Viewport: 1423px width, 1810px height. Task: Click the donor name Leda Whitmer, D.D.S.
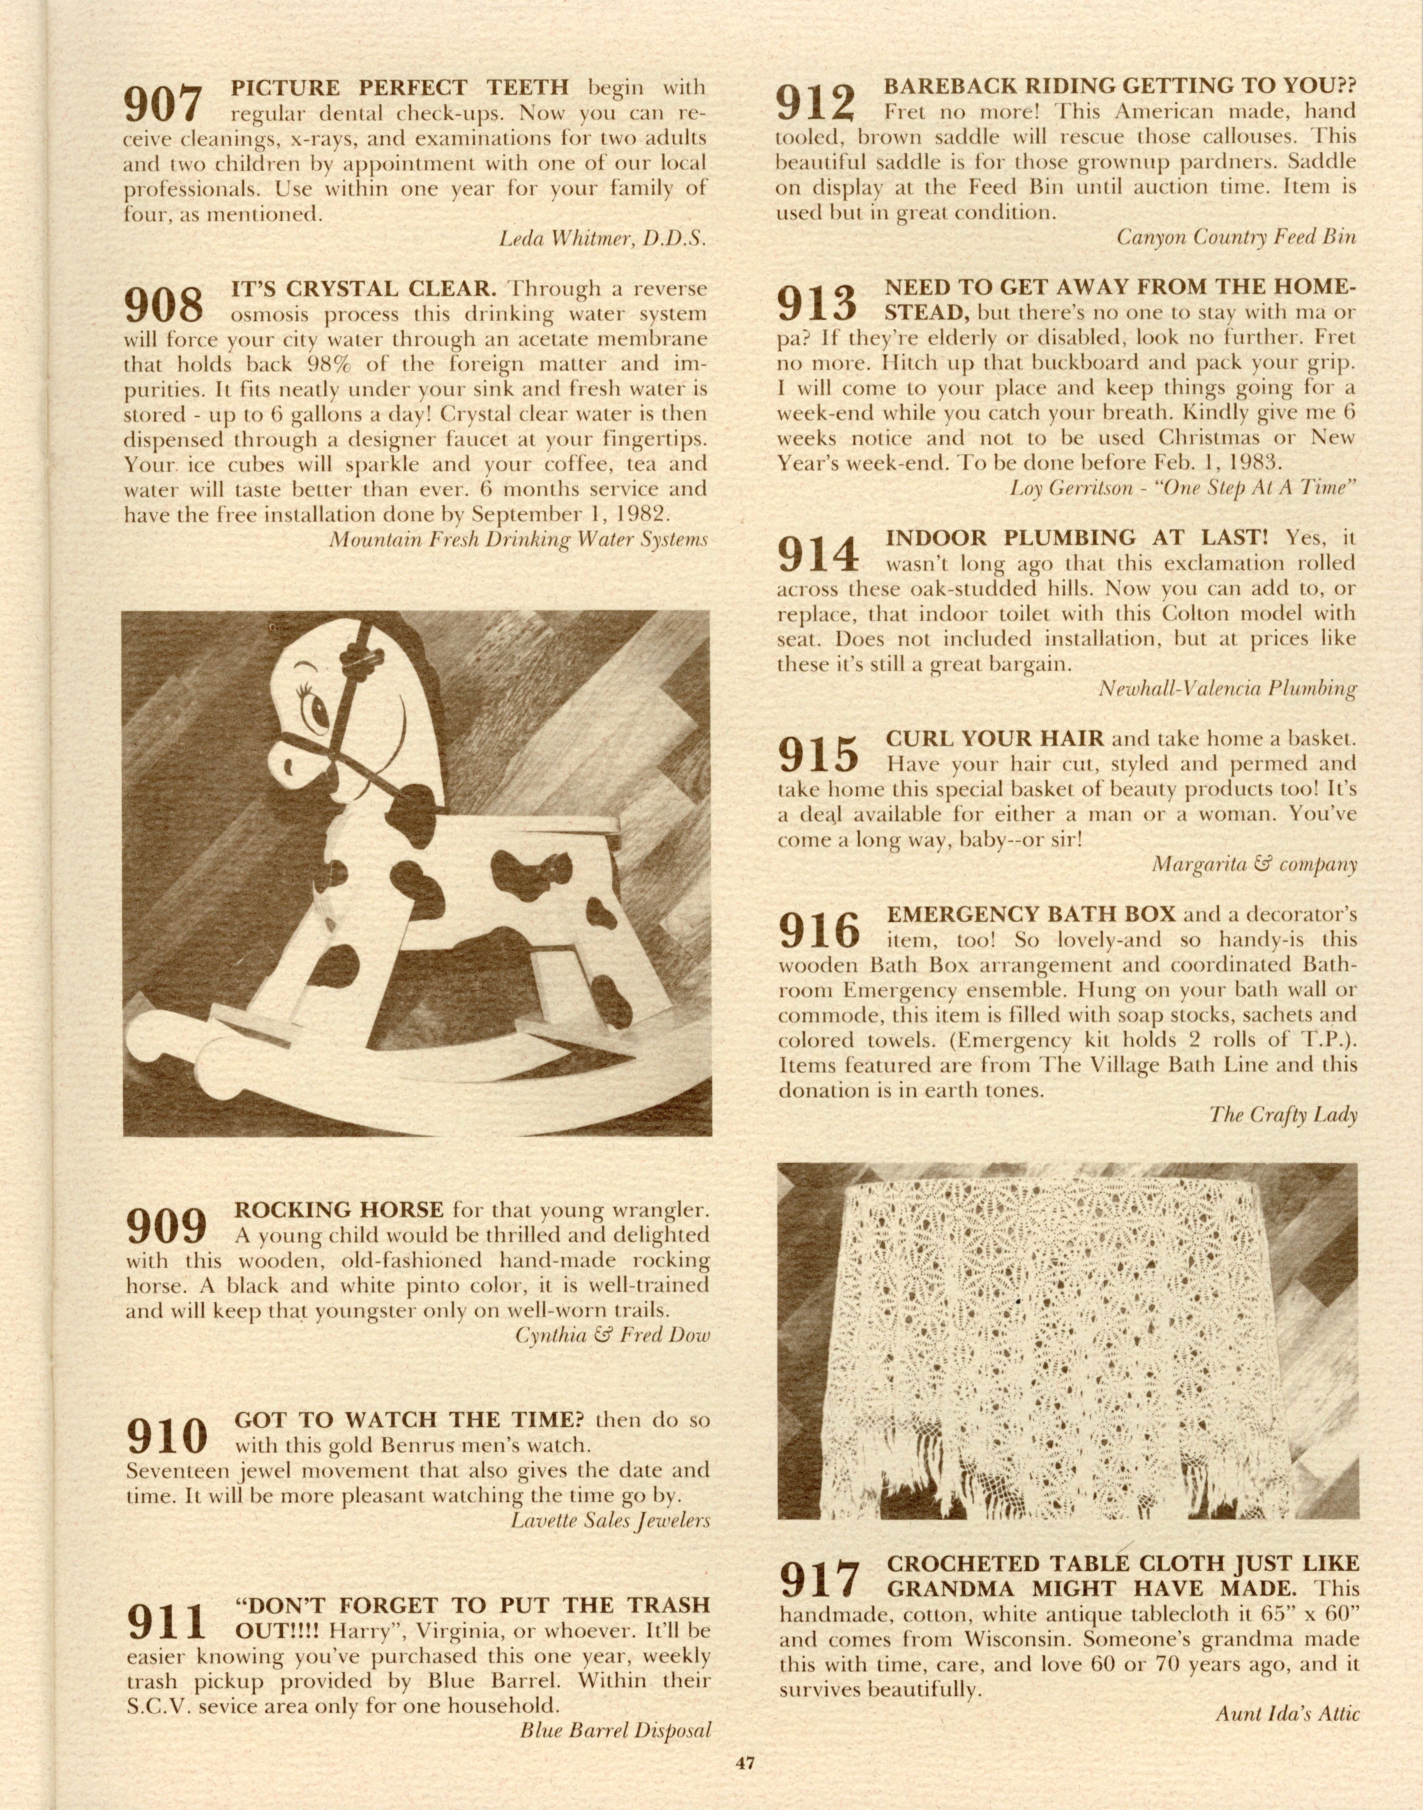pyautogui.click(x=602, y=239)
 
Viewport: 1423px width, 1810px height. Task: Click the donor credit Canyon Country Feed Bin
pyautogui.click(x=1236, y=237)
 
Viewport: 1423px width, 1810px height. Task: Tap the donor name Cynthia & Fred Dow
pyautogui.click(x=612, y=1335)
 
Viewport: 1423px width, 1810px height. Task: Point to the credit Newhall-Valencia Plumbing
pyautogui.click(x=1227, y=688)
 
